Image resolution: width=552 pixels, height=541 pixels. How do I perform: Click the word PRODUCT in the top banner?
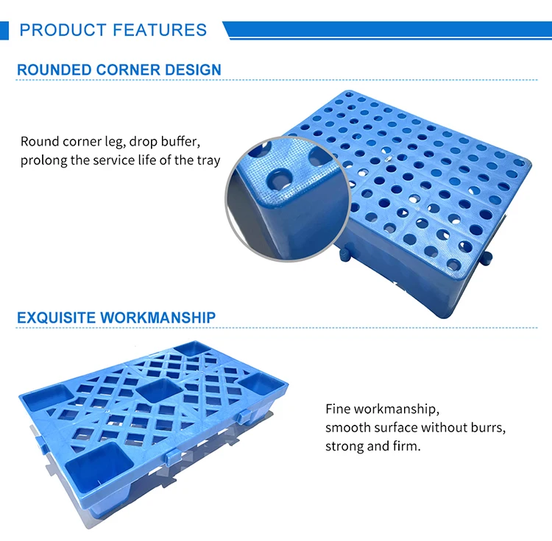pos(63,30)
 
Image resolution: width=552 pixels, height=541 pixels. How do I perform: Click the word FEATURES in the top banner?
pos(160,30)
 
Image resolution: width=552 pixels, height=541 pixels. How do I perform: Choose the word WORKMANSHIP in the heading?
pos(158,318)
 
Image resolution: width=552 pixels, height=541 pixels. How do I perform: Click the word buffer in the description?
pos(181,142)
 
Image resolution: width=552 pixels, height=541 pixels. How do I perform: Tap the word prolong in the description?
pos(44,160)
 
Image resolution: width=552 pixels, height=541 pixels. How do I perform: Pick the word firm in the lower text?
pos(406,446)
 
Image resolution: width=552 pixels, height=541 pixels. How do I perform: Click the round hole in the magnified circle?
pos(279,179)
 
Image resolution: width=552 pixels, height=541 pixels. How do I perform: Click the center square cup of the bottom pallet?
pos(158,390)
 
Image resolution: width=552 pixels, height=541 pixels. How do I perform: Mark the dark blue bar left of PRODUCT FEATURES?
pos(5,30)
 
